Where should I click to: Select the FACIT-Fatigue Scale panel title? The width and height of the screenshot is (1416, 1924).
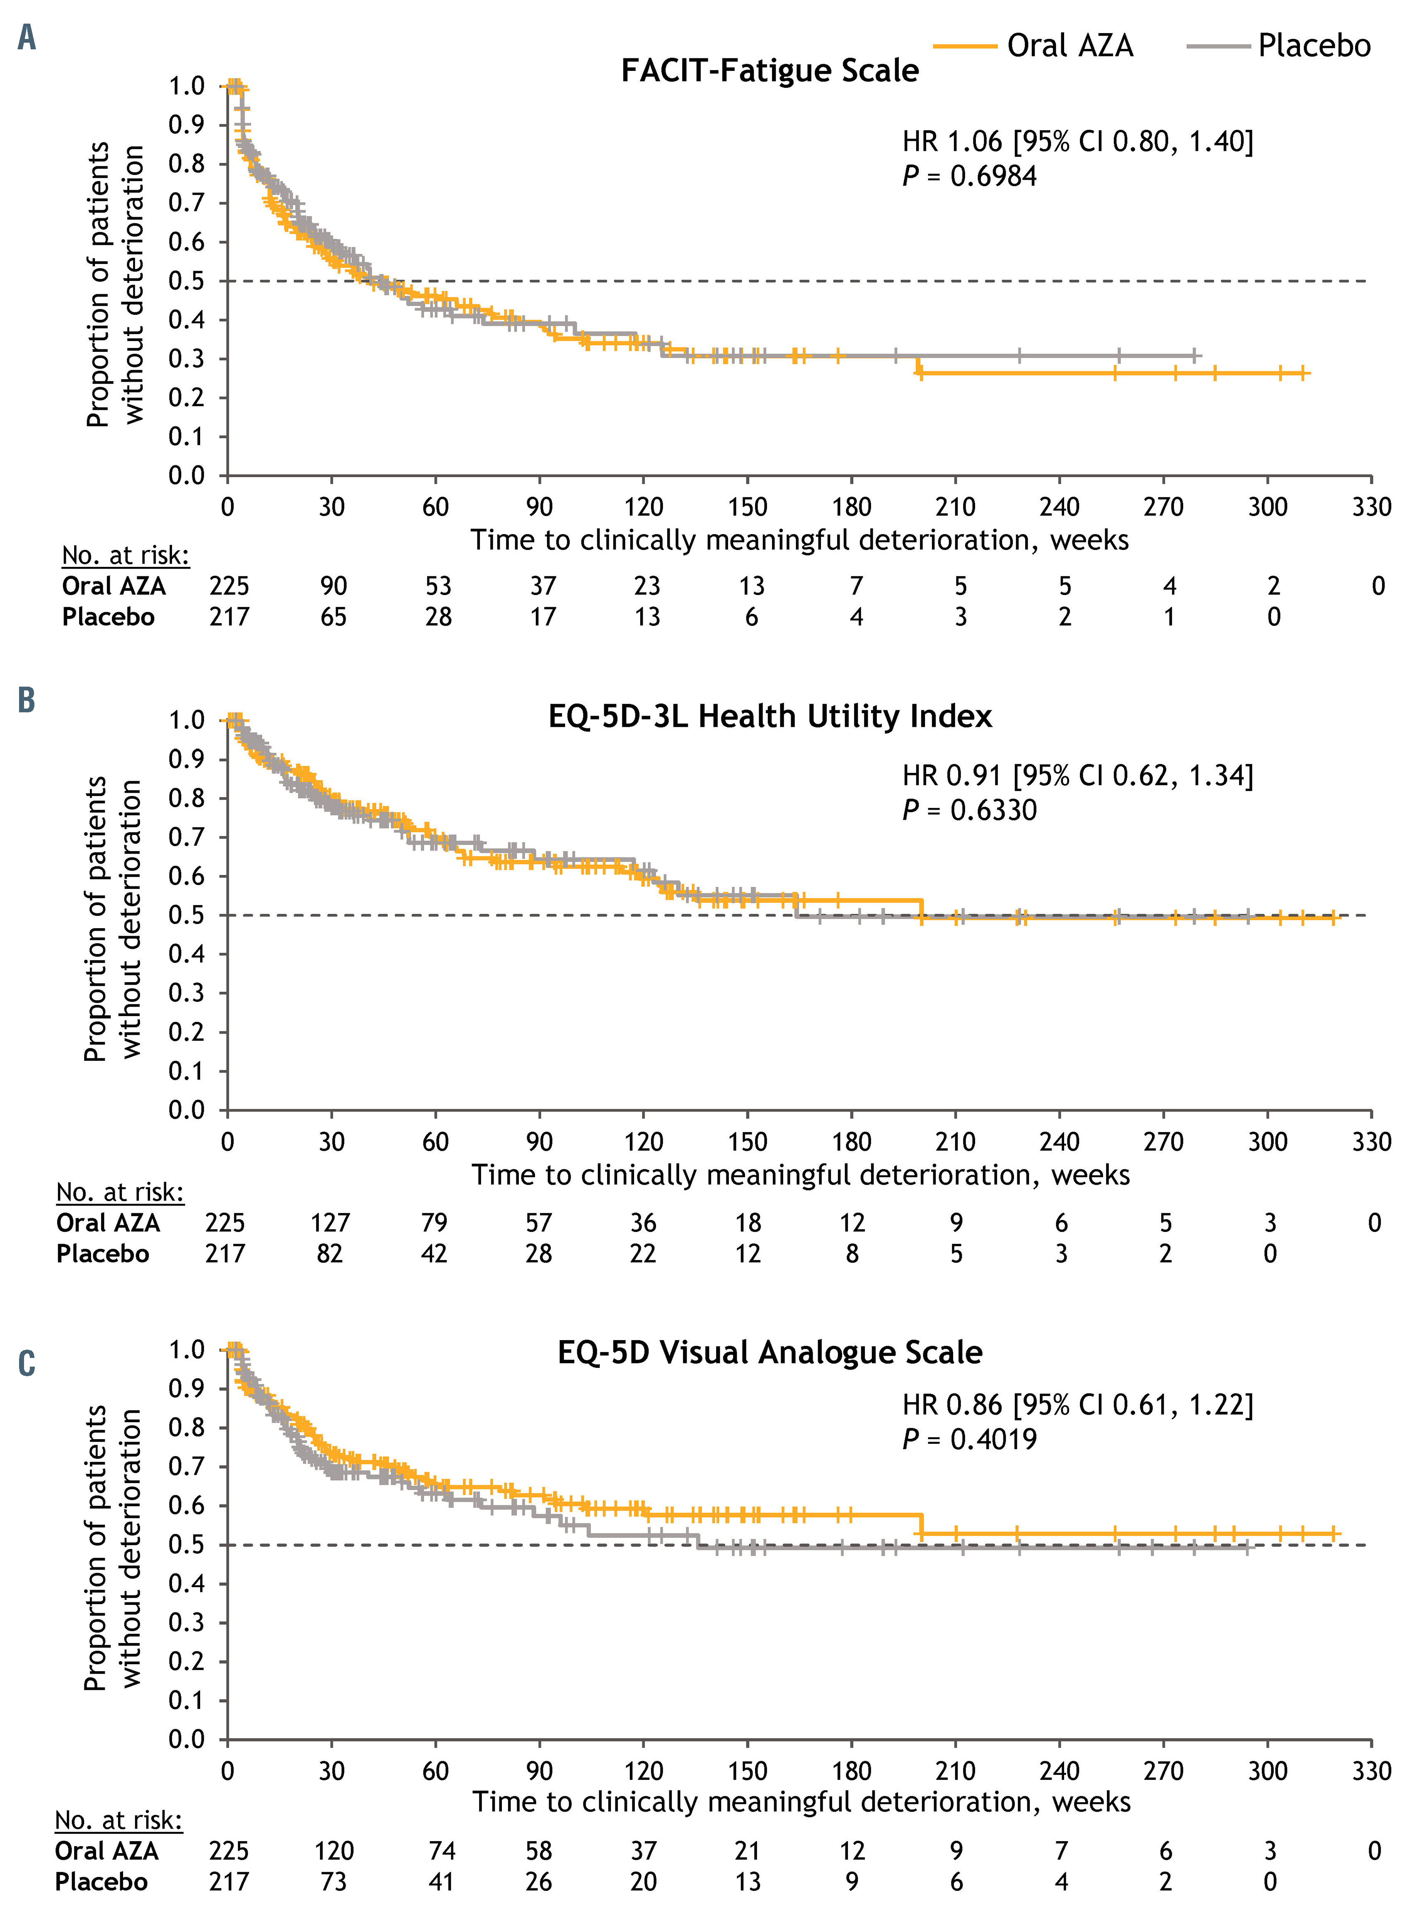[x=769, y=70]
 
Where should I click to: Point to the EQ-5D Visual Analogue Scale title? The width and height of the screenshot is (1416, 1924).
[x=769, y=1353]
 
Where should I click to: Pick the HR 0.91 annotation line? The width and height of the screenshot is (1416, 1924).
[x=1077, y=776]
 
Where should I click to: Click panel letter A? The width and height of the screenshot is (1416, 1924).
[x=27, y=38]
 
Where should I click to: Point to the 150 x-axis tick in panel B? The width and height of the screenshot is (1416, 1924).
[x=748, y=1142]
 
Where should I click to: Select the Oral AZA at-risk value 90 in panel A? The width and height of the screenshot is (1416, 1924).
[x=334, y=586]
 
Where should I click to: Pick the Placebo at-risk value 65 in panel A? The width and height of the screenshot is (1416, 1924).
[x=334, y=617]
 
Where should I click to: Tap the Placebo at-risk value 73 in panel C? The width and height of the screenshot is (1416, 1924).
[x=334, y=1882]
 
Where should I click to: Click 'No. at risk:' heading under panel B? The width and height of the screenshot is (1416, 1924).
[x=120, y=1192]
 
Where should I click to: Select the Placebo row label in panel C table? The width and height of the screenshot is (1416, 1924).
[x=101, y=1882]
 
